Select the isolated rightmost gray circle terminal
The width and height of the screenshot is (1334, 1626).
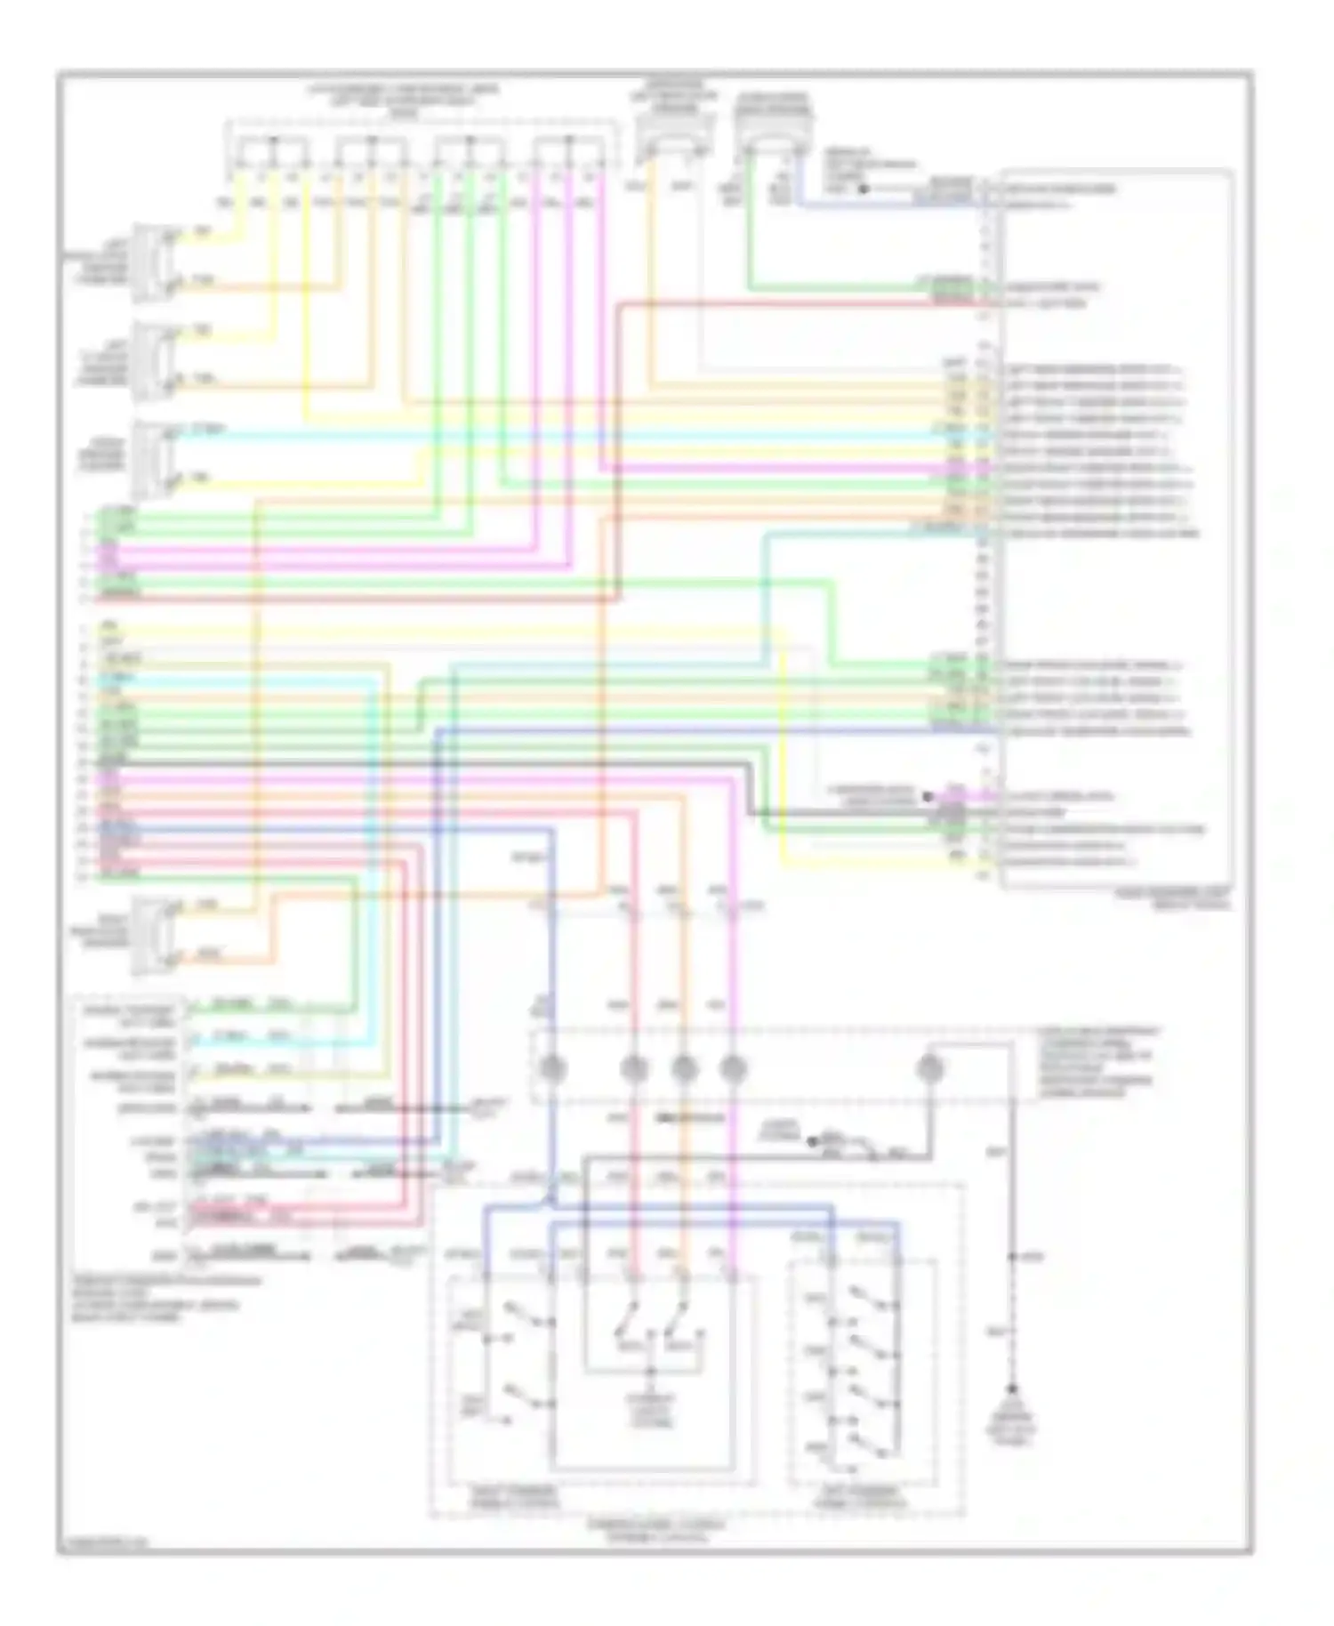click(x=928, y=1067)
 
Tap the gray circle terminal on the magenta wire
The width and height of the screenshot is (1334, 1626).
click(x=733, y=1067)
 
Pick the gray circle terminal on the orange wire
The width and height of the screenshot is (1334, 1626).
click(x=683, y=1067)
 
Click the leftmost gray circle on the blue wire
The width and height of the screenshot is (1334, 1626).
click(x=551, y=1067)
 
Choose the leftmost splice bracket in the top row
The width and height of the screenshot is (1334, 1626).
click(x=270, y=151)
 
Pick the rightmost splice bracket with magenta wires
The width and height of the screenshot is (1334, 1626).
click(x=569, y=151)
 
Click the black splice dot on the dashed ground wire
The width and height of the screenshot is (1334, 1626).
click(x=1012, y=1257)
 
